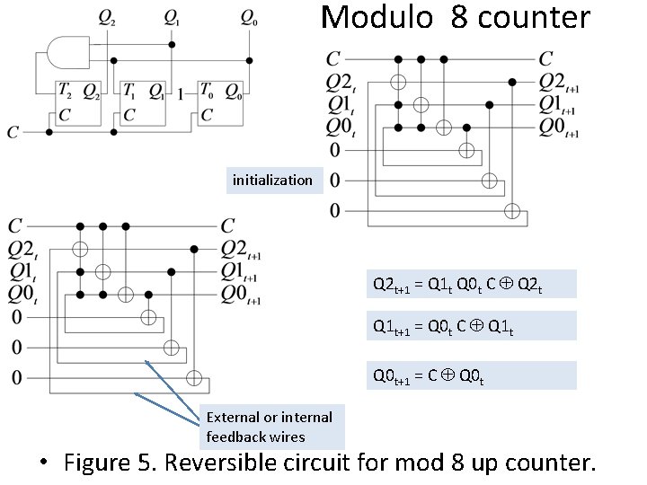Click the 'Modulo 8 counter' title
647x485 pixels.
[x=456, y=17]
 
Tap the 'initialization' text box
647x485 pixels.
[x=272, y=180]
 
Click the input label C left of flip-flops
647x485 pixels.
[x=13, y=133]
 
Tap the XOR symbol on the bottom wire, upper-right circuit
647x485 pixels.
[x=512, y=211]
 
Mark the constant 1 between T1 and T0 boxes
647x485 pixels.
[x=182, y=93]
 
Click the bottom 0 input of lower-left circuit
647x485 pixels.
[x=15, y=377]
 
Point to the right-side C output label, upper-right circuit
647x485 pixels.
[x=545, y=59]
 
